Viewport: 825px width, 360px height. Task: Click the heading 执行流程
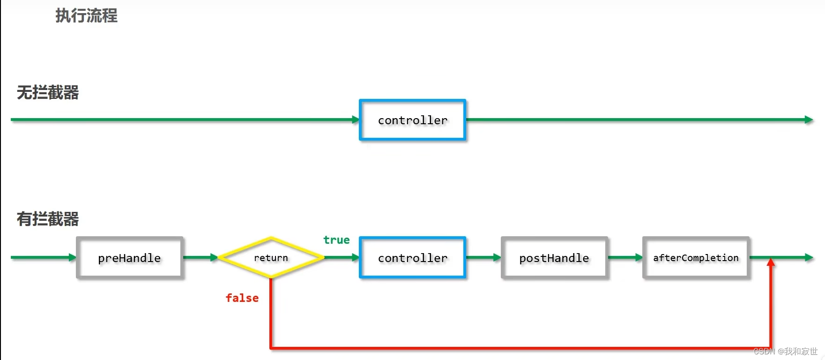coord(86,16)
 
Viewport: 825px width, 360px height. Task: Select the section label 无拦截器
coord(48,93)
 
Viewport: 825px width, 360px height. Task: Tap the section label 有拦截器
coord(48,219)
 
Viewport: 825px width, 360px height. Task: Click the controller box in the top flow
coord(412,120)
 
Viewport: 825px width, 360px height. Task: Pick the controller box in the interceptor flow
coord(412,258)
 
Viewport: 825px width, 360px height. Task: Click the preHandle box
coord(129,258)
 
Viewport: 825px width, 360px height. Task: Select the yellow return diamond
coord(271,258)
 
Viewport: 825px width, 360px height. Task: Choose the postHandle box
coord(554,258)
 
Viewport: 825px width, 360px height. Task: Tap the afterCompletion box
coord(696,258)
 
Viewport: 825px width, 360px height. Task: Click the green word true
coord(336,240)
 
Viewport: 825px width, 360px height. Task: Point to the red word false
coord(242,298)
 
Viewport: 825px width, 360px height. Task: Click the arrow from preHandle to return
coord(201,257)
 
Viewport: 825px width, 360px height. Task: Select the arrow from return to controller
coord(342,257)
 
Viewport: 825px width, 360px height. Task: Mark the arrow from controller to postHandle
coord(483,257)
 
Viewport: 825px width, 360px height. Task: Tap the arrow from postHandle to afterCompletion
coord(625,257)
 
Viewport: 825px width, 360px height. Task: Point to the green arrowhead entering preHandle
coord(72,257)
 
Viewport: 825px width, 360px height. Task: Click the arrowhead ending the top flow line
coord(809,120)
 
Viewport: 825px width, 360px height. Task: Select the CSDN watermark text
coord(786,351)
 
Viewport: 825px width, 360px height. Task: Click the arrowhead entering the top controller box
coord(356,120)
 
